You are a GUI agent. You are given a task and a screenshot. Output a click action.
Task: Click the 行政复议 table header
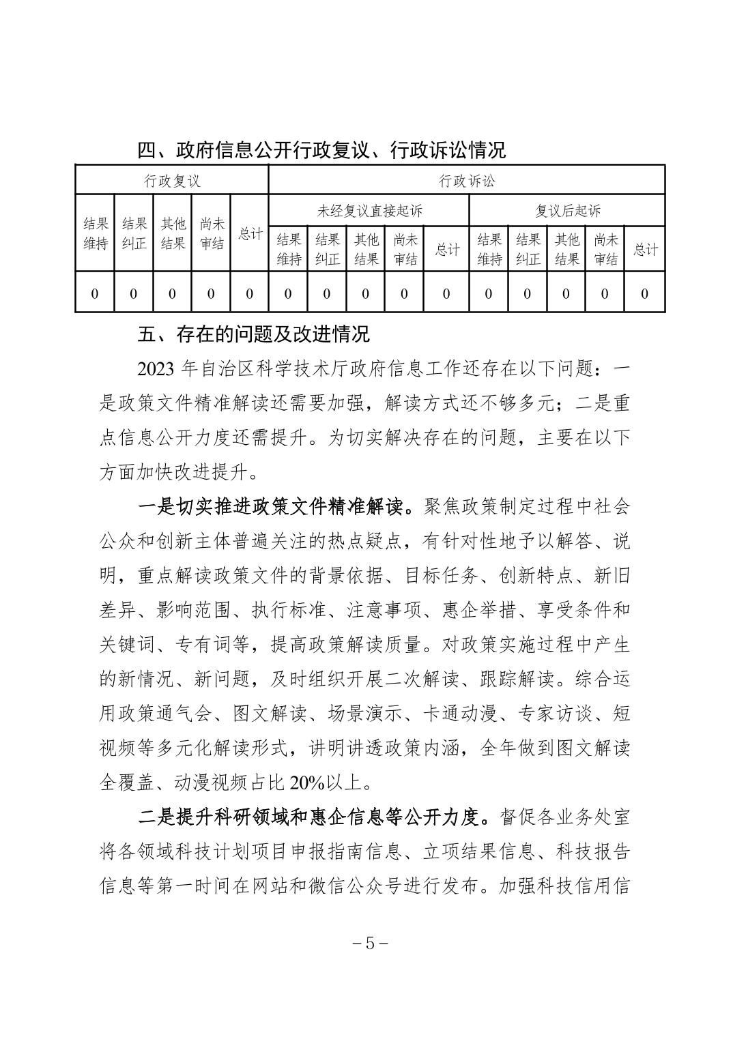[x=172, y=181]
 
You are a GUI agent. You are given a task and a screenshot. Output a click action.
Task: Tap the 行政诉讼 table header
[x=467, y=181]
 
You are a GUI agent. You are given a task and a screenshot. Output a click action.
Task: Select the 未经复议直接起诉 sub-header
[x=369, y=211]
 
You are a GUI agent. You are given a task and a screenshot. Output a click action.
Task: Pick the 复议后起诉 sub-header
[x=567, y=211]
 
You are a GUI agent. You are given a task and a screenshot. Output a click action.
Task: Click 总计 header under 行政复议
[x=250, y=233]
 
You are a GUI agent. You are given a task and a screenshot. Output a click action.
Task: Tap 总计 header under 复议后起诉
[x=645, y=249]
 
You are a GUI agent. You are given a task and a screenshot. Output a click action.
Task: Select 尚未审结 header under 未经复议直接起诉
[x=404, y=249]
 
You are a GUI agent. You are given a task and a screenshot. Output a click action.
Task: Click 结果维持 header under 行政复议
[x=95, y=233]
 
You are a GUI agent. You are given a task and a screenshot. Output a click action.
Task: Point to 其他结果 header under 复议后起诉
[x=566, y=249]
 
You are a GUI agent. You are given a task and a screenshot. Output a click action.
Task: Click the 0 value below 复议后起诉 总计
[x=645, y=294]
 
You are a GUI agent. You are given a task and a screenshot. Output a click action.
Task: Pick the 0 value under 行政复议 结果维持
[x=95, y=294]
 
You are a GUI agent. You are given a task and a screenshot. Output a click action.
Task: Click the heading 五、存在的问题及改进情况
[x=253, y=334]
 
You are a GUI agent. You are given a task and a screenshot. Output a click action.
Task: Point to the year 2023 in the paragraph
[x=158, y=369]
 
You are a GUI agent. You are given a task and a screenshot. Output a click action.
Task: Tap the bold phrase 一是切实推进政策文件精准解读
[x=274, y=507]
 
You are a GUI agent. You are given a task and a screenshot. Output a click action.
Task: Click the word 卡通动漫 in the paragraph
[x=462, y=714]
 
